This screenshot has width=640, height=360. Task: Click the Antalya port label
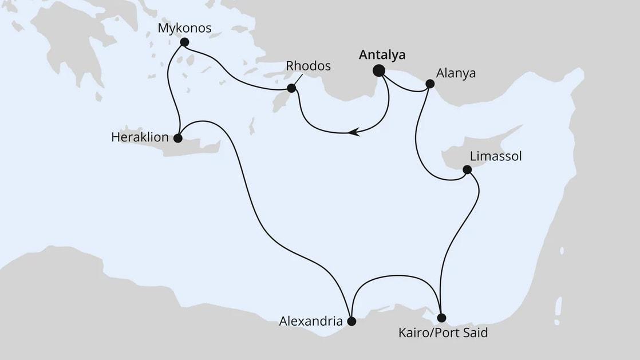pos(382,56)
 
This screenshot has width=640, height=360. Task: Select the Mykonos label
pos(185,28)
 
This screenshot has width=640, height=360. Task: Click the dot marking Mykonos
pos(184,42)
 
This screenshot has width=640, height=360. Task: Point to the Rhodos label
pos(308,66)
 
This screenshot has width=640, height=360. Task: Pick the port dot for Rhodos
pos(291,88)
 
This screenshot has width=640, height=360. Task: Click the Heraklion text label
pos(140,138)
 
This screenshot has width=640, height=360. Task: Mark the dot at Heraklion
pos(177,138)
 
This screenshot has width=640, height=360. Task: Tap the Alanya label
pos(456,74)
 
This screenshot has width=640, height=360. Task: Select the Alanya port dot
pos(430,84)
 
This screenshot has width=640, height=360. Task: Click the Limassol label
pos(495,156)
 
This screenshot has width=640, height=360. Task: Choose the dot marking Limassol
pos(467,169)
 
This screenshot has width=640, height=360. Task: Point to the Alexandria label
pos(311,322)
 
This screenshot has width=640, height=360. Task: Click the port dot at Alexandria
pos(351,321)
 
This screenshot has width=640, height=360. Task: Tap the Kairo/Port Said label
pos(443,333)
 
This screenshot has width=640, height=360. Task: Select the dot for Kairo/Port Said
pos(441,317)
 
